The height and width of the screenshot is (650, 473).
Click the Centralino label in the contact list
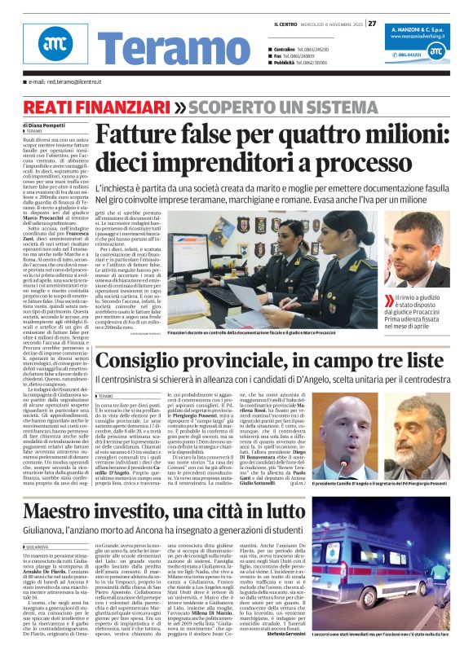click(x=285, y=49)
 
